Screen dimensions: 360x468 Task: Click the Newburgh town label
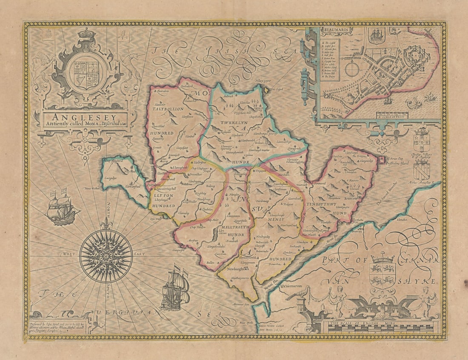(x=236, y=269)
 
